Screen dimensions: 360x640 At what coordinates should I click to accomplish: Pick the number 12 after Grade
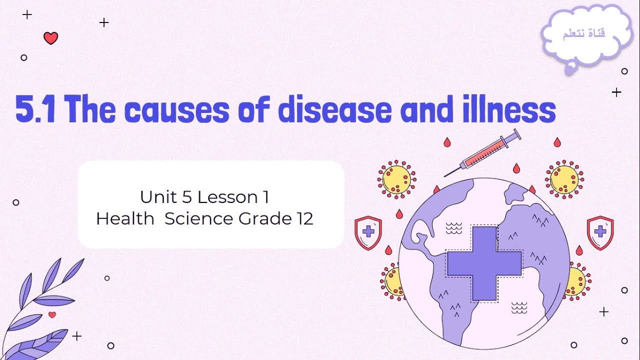(x=304, y=219)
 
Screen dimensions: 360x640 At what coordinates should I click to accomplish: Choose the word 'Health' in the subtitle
(x=125, y=219)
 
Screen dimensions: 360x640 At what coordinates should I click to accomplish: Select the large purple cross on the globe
(x=484, y=263)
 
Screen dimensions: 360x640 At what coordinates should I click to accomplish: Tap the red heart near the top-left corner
(x=50, y=38)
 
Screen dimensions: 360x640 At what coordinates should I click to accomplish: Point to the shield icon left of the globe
(x=368, y=232)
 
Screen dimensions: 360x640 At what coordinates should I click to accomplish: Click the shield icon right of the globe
(x=600, y=232)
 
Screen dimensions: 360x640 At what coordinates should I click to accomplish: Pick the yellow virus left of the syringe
(x=396, y=179)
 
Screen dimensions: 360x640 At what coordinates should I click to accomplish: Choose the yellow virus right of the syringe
(x=564, y=179)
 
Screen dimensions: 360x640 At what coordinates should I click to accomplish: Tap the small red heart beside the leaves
(x=52, y=314)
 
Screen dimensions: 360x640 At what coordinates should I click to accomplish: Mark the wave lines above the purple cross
(x=454, y=228)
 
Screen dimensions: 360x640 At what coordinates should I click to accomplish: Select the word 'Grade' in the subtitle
(x=260, y=219)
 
